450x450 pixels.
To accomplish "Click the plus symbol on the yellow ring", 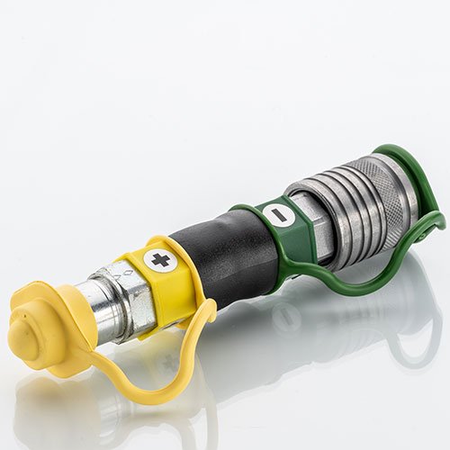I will pyautogui.click(x=161, y=261).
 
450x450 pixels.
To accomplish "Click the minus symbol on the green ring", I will pyautogui.click(x=276, y=215).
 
